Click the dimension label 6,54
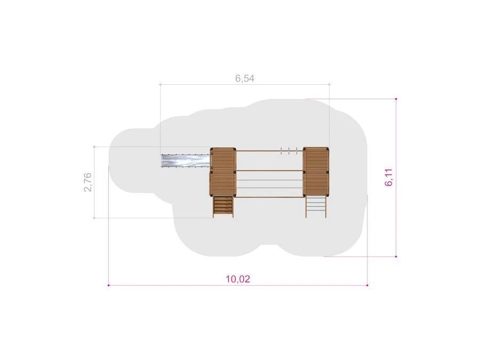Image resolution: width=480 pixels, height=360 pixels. (245, 79)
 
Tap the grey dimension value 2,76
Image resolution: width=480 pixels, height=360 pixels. (88, 182)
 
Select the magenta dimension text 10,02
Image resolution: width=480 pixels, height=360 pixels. (238, 279)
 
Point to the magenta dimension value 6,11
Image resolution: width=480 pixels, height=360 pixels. (389, 178)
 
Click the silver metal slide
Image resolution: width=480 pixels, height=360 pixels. (186, 161)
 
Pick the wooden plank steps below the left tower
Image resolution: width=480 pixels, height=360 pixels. (223, 206)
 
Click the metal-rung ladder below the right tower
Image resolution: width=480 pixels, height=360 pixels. (316, 206)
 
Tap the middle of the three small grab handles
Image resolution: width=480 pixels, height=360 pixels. (289, 150)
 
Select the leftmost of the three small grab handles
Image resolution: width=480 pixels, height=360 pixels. (281, 150)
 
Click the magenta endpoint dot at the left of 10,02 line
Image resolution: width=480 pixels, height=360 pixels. (109, 285)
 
